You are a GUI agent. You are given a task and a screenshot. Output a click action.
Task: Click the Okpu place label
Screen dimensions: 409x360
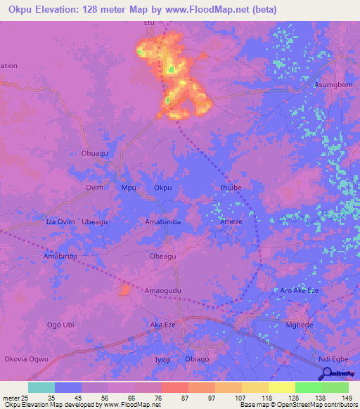[x=162, y=188]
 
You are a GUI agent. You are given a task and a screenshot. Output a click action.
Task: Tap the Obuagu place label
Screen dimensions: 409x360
[x=96, y=152]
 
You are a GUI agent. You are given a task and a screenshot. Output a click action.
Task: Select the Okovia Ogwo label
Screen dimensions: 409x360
[x=26, y=359]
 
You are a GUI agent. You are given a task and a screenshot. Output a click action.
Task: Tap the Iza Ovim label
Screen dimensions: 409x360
[x=60, y=222]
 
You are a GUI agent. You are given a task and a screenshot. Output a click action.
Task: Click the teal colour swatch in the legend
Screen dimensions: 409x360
[x=41, y=387]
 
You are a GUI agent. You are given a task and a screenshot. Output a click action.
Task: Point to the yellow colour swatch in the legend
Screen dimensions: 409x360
[x=281, y=387]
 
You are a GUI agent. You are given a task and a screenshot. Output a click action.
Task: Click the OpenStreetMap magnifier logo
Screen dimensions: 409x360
[x=326, y=374]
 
